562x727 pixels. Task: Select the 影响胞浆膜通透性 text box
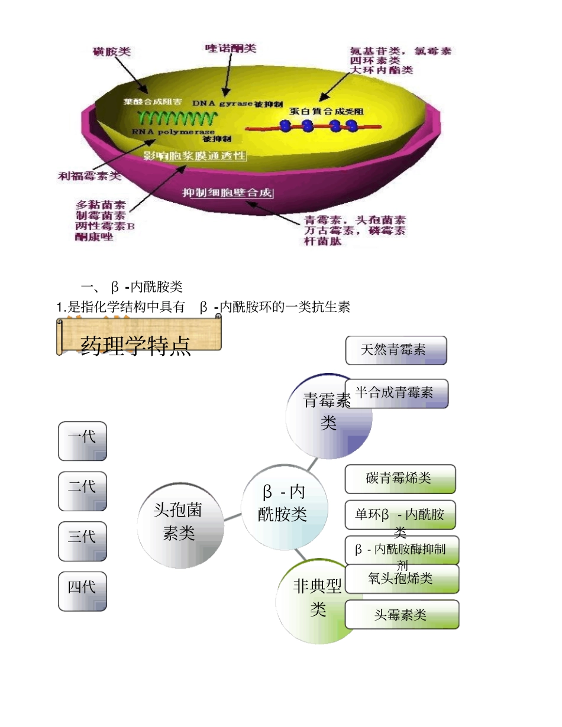point(195,155)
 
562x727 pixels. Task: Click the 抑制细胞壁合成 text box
point(228,193)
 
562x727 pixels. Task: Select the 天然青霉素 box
point(396,350)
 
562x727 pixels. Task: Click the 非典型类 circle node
point(314,600)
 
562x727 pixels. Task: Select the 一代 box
point(82,441)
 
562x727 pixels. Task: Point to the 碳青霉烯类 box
point(400,479)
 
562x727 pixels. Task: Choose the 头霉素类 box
point(402,615)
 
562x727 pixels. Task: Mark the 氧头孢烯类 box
point(402,579)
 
